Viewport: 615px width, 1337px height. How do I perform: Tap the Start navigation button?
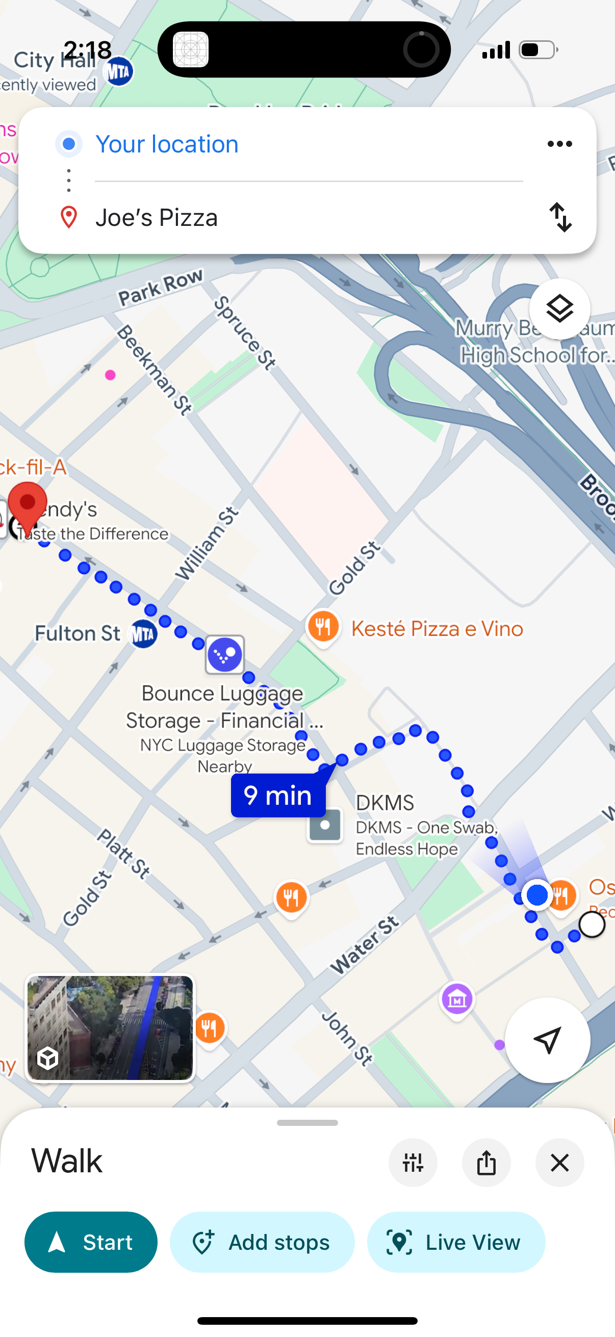(91, 1242)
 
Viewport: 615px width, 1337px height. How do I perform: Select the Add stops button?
(262, 1242)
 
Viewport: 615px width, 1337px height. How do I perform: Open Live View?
(456, 1242)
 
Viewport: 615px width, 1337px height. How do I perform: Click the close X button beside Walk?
(559, 1163)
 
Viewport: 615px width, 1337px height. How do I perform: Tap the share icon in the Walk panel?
(486, 1163)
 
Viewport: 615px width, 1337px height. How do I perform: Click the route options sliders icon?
(413, 1163)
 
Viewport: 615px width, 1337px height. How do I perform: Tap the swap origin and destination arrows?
(560, 217)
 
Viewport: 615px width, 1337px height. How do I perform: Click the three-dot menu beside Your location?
(559, 144)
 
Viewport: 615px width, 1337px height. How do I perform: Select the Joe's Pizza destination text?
(156, 217)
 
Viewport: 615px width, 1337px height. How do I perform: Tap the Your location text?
(167, 144)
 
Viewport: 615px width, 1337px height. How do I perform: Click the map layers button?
(559, 309)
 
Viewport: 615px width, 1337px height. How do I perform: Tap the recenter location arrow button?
(547, 1040)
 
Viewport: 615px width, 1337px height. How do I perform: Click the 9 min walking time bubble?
(278, 795)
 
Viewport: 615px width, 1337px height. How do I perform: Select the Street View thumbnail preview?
(110, 1027)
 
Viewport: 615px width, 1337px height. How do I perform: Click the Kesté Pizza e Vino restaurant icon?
(323, 627)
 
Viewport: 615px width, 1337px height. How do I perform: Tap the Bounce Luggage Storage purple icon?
(225, 655)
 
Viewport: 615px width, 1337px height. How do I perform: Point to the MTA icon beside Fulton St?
(143, 634)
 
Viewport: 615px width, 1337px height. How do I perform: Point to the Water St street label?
(365, 944)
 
